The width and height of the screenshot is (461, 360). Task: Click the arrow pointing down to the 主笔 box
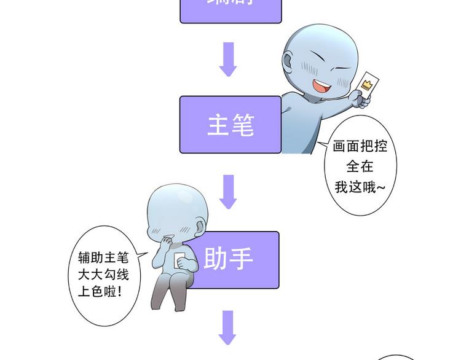(229, 59)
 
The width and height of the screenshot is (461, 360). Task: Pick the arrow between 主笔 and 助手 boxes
(229, 191)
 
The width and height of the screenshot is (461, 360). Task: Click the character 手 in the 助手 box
(242, 259)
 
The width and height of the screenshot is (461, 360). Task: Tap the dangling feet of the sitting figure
(164, 305)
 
